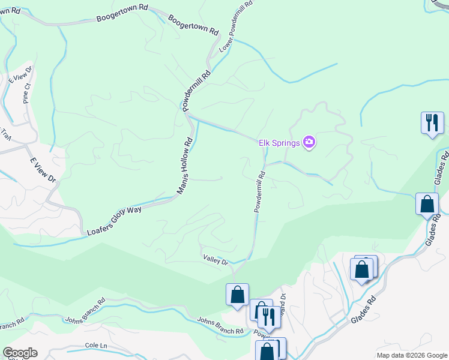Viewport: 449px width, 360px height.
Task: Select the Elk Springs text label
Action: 279,143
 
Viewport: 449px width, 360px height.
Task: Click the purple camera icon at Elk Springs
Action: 310,142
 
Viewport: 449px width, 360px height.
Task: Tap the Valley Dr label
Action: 216,261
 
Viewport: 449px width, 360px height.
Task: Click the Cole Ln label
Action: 95,346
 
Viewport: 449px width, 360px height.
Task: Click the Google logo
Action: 20,353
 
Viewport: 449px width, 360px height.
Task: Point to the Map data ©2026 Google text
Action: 411,355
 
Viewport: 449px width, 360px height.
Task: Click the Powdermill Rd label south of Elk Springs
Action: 260,192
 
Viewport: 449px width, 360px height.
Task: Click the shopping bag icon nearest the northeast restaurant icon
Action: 427,204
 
